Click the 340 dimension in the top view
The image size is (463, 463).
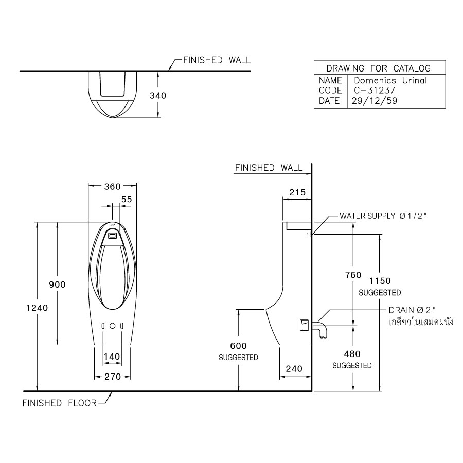pyautogui.click(x=158, y=96)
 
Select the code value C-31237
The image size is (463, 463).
pyautogui.click(x=375, y=91)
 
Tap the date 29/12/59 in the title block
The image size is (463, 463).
pyautogui.click(x=375, y=101)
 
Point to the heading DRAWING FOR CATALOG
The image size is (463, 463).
pyautogui.click(x=378, y=68)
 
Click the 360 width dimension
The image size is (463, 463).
pyautogui.click(x=113, y=187)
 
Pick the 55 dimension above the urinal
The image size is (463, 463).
pyautogui.click(x=127, y=199)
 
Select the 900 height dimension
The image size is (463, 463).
pyautogui.click(x=57, y=284)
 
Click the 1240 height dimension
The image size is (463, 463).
pyautogui.click(x=37, y=308)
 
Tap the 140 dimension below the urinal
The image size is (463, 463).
pyautogui.click(x=112, y=357)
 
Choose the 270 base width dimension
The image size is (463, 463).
pyautogui.click(x=113, y=377)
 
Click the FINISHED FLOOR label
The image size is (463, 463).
pyautogui.click(x=59, y=403)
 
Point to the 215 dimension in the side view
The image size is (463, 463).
pyautogui.click(x=297, y=192)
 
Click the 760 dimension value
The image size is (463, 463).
pyautogui.click(x=353, y=275)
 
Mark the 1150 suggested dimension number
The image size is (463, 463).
pyautogui.click(x=380, y=281)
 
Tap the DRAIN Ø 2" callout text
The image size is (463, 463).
pyautogui.click(x=412, y=310)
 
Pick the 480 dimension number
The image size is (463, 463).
pyautogui.click(x=352, y=354)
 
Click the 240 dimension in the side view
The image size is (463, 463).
pyautogui.click(x=294, y=368)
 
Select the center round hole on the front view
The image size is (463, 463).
pyautogui.click(x=113, y=326)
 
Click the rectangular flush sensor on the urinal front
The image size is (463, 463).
pyautogui.click(x=113, y=236)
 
